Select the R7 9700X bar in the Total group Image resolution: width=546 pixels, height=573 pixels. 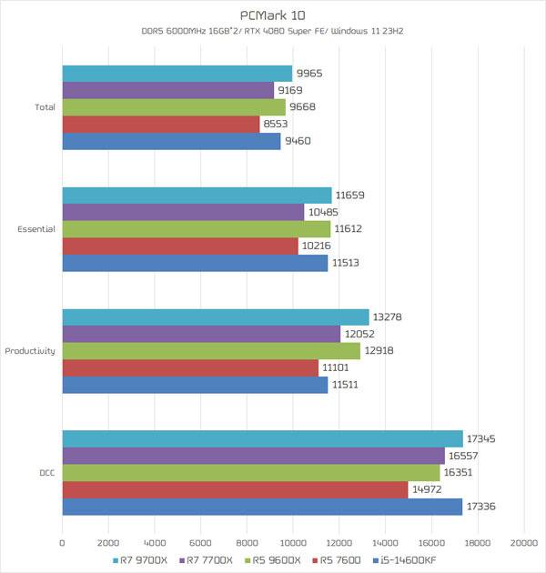[x=177, y=74]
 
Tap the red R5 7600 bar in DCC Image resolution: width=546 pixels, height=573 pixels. [x=235, y=490]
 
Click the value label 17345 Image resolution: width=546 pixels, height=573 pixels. [x=481, y=438]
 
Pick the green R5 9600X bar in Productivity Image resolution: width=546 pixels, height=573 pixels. [x=211, y=351]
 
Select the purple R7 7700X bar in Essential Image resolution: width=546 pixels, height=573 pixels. [x=183, y=212]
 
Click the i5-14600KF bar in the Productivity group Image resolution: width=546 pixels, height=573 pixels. [x=195, y=386]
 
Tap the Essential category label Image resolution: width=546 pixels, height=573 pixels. [x=36, y=229]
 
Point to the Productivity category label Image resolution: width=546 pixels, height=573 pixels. [x=30, y=351]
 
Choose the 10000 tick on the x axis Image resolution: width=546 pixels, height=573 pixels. [x=293, y=542]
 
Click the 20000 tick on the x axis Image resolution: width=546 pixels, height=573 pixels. [x=523, y=542]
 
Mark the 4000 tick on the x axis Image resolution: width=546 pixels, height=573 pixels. [x=155, y=542]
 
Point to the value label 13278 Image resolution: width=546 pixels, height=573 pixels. [x=388, y=317]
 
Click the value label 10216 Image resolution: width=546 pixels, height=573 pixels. [x=317, y=246]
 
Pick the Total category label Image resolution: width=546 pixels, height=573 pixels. [x=45, y=107]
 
